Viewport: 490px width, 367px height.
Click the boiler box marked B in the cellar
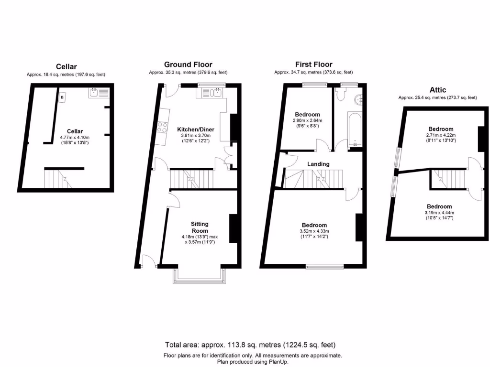(x=62, y=97)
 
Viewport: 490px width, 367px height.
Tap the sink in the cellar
(x=99, y=93)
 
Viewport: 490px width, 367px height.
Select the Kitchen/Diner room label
(x=196, y=130)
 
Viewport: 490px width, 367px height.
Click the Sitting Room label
(x=200, y=227)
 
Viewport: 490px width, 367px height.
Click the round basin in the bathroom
(x=358, y=100)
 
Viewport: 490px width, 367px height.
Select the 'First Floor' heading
(x=313, y=65)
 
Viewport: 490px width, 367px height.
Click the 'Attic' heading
(x=437, y=90)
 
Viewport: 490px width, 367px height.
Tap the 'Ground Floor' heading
(x=188, y=65)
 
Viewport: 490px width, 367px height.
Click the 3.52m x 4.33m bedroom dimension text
(x=314, y=231)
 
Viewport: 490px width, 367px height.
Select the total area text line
(x=250, y=345)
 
